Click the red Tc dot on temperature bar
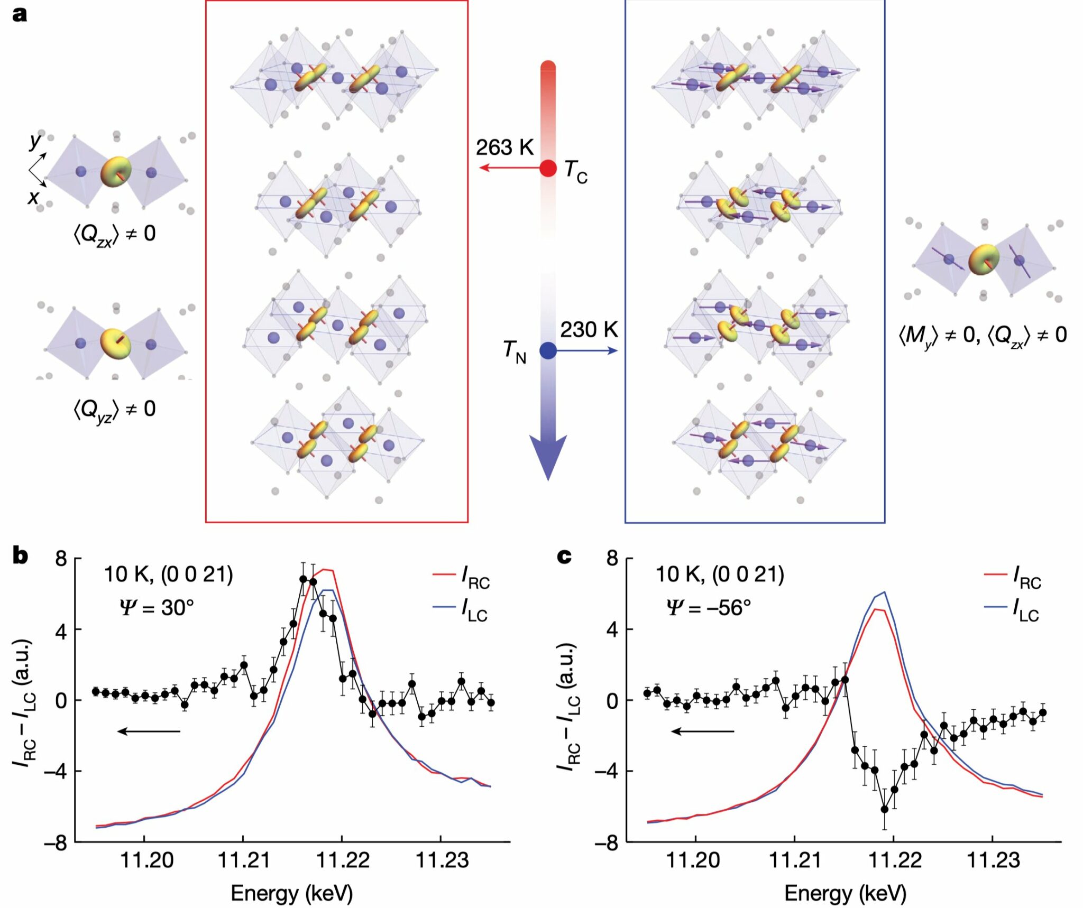(x=548, y=169)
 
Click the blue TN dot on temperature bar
(x=548, y=350)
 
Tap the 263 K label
(x=504, y=147)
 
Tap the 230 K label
(x=589, y=330)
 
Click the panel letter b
(x=20, y=555)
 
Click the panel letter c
(x=564, y=555)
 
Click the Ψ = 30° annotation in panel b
(x=157, y=608)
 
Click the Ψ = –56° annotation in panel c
(x=709, y=608)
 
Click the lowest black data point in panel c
(x=884, y=809)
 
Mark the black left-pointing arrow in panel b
(x=149, y=731)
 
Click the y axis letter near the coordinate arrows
(x=35, y=141)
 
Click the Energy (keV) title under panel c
(x=845, y=893)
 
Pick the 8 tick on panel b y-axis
(x=62, y=559)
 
